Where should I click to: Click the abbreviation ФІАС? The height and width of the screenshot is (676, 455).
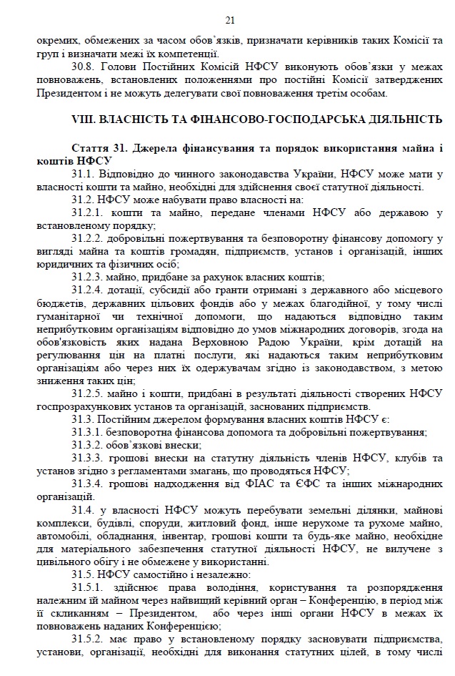click(243, 483)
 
